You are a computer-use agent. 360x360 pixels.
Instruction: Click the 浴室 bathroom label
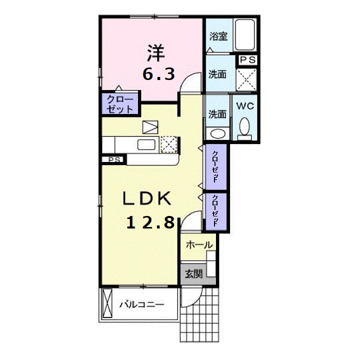point(218,36)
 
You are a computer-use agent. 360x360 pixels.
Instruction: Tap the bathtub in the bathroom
point(245,35)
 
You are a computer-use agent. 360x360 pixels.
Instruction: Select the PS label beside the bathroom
point(247,60)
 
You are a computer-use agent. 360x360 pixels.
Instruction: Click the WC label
point(245,106)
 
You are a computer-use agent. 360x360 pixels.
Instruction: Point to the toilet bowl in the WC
point(244,126)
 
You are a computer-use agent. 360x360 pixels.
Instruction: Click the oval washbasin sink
point(217,133)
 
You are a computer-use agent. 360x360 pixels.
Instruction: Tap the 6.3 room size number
point(158,74)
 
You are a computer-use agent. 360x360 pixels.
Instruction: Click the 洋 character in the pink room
point(156,53)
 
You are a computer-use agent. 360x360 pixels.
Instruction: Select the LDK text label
point(147,198)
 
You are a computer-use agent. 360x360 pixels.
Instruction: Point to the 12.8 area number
point(150,222)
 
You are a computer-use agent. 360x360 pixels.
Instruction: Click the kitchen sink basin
point(146,145)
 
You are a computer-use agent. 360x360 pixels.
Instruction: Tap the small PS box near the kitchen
point(114,159)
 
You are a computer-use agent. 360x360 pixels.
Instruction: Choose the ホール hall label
point(199,245)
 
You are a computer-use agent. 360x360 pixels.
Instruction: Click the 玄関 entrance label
point(194,273)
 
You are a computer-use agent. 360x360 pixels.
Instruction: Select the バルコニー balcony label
point(142,304)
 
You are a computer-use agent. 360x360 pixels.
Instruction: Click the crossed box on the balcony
point(107,303)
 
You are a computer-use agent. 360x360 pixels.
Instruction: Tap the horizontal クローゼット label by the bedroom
point(120,104)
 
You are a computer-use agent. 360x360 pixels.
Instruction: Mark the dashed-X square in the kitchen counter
point(169,144)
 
